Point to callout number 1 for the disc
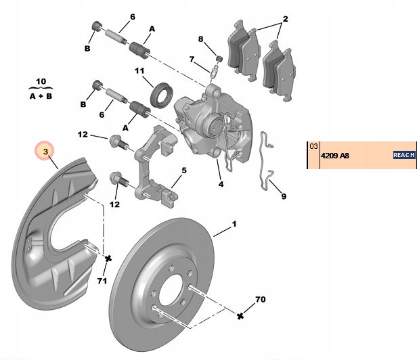[x=234, y=223]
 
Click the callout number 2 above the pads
[x=285, y=19]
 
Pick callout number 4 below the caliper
[x=220, y=183]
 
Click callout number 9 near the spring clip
[x=284, y=196]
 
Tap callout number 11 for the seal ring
[x=139, y=71]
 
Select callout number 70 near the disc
[x=261, y=299]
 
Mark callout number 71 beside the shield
[x=102, y=280]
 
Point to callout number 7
[x=192, y=60]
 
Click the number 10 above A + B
[x=40, y=81]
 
